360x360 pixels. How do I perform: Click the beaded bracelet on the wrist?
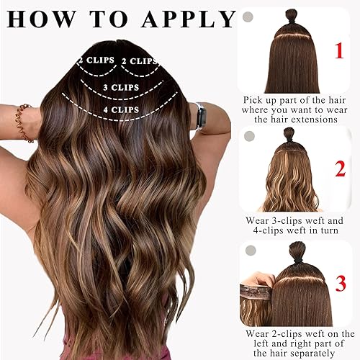click(x=24, y=113)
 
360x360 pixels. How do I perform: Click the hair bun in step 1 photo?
click(x=292, y=16)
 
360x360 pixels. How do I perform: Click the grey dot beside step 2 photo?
click(x=250, y=136)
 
